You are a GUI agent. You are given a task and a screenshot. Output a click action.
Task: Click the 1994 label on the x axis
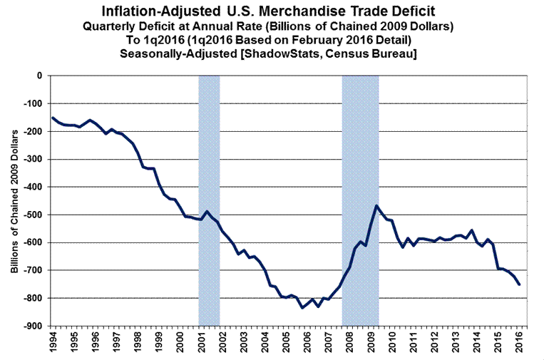[x=53, y=339]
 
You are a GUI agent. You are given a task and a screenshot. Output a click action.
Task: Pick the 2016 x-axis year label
[x=519, y=339]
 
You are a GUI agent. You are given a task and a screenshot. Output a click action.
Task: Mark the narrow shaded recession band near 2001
[x=209, y=200]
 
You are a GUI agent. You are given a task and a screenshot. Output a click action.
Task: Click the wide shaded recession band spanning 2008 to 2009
[x=360, y=200]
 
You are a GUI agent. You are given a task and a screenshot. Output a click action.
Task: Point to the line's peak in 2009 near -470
[x=376, y=206]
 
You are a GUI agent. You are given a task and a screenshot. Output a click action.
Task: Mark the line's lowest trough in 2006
[x=302, y=307]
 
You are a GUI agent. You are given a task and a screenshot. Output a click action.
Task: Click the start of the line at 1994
[x=53, y=118]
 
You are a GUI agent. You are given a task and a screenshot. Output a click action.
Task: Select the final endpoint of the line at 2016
[x=519, y=284]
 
